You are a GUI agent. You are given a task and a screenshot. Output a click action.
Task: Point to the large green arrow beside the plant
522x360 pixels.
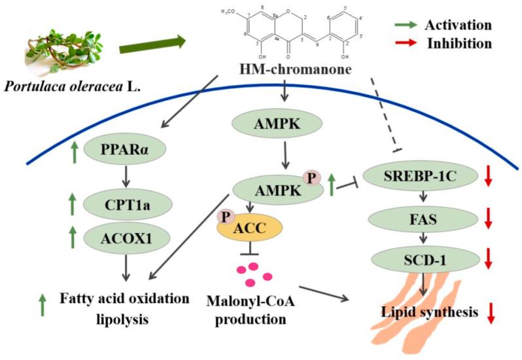click(151, 46)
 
